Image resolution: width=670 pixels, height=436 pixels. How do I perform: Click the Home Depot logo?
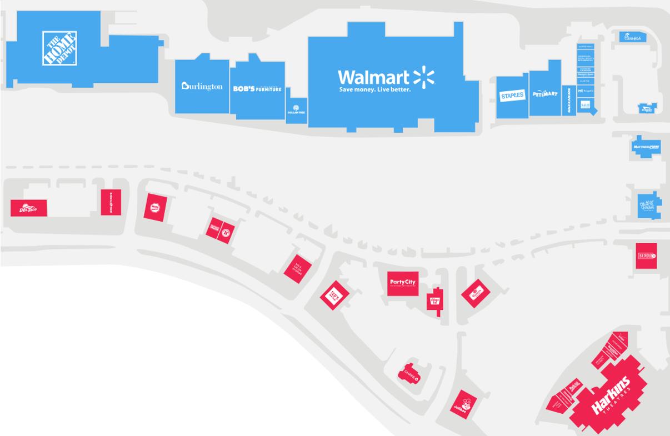60,48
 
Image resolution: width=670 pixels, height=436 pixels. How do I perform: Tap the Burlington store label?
202,87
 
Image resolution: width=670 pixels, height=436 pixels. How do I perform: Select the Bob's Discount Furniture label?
257,89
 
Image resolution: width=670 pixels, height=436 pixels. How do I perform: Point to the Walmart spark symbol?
424,77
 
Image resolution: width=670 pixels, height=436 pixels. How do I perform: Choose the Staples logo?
512,96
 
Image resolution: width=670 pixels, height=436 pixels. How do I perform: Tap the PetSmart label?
544,94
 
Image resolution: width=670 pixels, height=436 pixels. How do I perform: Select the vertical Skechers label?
569,101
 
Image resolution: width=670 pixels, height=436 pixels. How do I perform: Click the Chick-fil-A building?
633,37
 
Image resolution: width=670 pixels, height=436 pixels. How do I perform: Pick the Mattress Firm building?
646,147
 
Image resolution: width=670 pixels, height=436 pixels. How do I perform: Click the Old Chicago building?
647,255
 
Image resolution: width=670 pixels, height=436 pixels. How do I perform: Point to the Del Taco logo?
28,208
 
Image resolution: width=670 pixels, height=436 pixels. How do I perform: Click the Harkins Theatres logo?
611,395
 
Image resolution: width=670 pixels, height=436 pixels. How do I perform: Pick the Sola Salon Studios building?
297,269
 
